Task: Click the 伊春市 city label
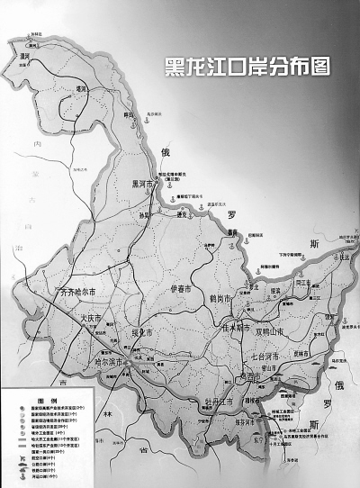pyautogui.click(x=185, y=289)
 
